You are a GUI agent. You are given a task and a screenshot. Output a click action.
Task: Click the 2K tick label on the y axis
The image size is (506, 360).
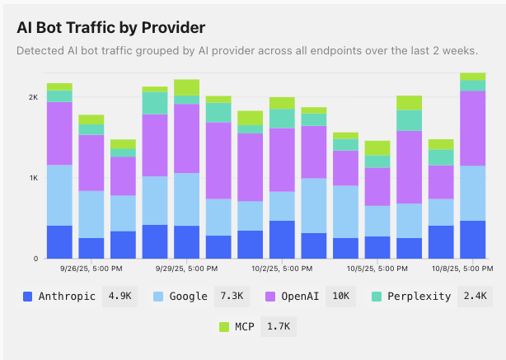(33, 97)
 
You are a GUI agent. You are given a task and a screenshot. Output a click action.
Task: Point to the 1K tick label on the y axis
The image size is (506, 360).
(33, 178)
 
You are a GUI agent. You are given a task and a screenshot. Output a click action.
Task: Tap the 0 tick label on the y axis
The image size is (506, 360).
(35, 259)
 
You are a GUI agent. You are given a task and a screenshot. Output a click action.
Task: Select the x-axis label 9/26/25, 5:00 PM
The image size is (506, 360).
(91, 269)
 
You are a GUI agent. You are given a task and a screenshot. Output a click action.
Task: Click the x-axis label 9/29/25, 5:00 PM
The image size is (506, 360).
(186, 269)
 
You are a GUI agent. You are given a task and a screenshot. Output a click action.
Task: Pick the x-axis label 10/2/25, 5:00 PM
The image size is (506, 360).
(282, 269)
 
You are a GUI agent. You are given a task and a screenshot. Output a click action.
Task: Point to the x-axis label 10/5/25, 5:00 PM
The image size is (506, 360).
(377, 269)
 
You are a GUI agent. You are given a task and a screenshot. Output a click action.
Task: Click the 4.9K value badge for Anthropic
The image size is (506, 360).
(119, 297)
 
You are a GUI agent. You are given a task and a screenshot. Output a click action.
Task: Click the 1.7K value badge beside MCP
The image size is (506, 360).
(277, 327)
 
